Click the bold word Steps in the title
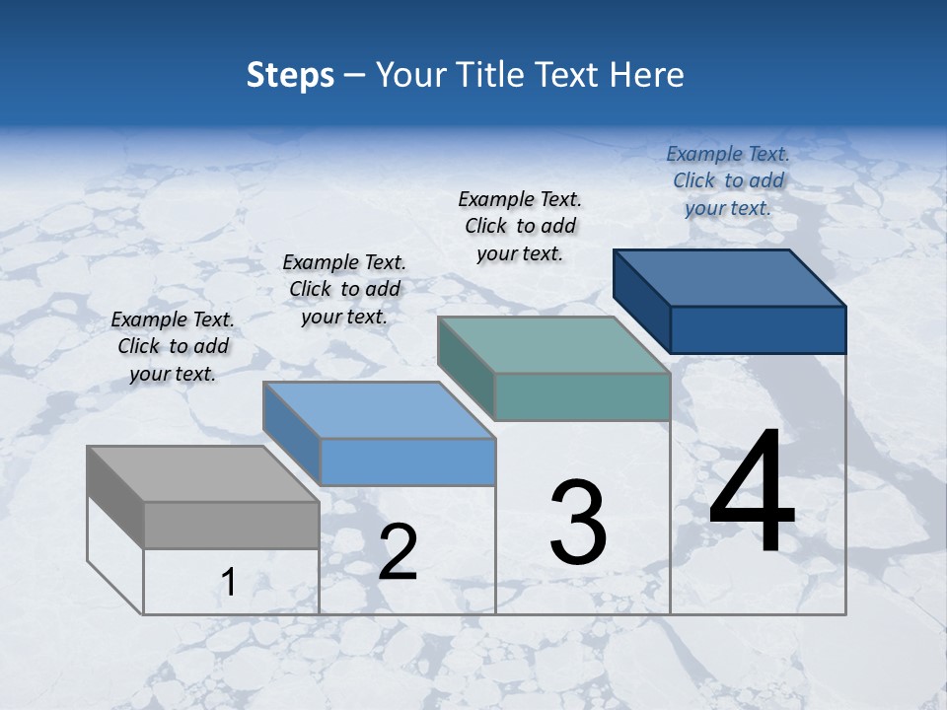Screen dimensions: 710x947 [x=290, y=75]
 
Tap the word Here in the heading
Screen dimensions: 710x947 [x=647, y=75]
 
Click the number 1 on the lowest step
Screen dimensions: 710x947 [x=229, y=583]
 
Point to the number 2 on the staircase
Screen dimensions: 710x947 [x=398, y=552]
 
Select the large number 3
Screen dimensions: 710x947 [x=578, y=522]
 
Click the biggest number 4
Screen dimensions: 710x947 [x=752, y=493]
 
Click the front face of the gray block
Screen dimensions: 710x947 [x=231, y=525]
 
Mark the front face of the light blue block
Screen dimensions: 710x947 [x=407, y=461]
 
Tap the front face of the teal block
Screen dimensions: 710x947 [x=582, y=396]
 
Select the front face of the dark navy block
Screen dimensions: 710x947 [x=758, y=329]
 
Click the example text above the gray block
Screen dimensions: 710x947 [x=173, y=346]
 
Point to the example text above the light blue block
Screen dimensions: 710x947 [x=344, y=289]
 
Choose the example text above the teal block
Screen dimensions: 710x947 [x=520, y=226]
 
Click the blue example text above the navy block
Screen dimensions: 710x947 [x=728, y=180]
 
